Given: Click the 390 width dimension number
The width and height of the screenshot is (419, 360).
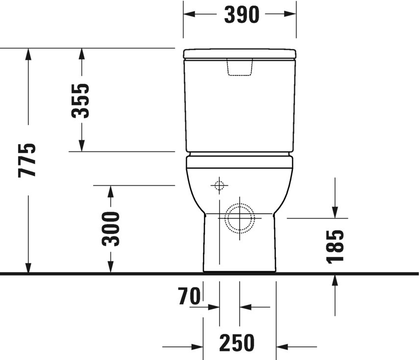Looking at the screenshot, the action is [242, 15].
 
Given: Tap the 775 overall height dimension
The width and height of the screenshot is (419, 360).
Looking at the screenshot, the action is [27, 160].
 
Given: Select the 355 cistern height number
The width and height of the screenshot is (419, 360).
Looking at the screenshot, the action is [80, 101].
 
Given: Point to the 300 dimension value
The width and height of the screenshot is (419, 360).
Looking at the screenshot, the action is [111, 229].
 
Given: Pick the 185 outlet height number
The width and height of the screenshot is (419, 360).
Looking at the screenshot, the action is [335, 247].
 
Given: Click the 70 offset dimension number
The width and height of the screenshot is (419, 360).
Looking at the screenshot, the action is [190, 296].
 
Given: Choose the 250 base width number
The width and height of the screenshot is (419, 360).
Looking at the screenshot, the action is [237, 343].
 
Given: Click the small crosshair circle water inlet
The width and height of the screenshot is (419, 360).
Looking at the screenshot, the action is [219, 185].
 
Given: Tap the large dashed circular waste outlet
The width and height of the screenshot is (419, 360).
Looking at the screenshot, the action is [240, 218].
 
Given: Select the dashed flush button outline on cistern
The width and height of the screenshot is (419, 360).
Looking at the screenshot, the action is [240, 67].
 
